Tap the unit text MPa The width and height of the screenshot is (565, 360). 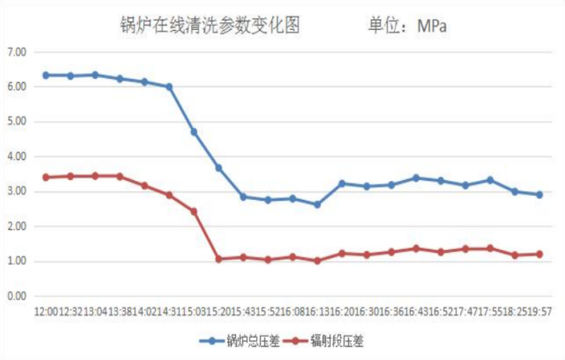click(x=432, y=26)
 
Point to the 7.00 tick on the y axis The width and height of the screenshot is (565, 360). click(x=16, y=52)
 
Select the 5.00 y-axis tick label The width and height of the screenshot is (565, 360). click(x=16, y=122)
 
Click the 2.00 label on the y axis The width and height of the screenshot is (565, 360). click(x=16, y=227)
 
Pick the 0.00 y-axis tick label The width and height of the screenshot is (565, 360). click(x=16, y=296)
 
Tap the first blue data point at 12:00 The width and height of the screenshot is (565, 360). click(x=45, y=75)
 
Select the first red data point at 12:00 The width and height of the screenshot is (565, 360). click(x=45, y=177)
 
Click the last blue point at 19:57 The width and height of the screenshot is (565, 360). click(x=540, y=195)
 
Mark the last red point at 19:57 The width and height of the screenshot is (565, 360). click(x=540, y=254)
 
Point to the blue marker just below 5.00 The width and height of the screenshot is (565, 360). click(x=194, y=132)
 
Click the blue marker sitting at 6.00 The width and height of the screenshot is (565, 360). click(x=169, y=87)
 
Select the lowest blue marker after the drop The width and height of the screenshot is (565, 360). click(x=317, y=205)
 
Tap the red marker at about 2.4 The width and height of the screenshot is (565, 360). click(x=194, y=211)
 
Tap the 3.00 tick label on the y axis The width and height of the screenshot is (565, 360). click(x=16, y=191)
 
